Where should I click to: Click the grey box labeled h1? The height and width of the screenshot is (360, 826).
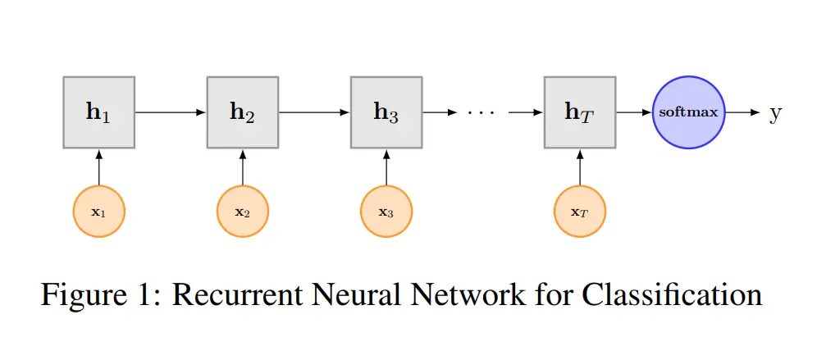pyautogui.click(x=99, y=112)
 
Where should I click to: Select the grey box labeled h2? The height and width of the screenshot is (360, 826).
pyautogui.click(x=243, y=112)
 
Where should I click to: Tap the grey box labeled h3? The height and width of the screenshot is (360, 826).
pyautogui.click(x=386, y=112)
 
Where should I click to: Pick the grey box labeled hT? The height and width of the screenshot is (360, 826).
pyautogui.click(x=580, y=112)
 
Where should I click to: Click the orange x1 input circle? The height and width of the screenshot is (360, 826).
pyautogui.click(x=99, y=212)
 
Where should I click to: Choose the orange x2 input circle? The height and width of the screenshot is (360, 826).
pyautogui.click(x=243, y=212)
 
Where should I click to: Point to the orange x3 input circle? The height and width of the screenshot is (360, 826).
pyautogui.click(x=386, y=212)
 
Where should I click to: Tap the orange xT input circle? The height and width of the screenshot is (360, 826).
pyautogui.click(x=580, y=212)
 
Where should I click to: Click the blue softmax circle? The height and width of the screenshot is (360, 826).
pyautogui.click(x=689, y=112)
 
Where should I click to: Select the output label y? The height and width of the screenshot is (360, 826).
pyautogui.click(x=774, y=114)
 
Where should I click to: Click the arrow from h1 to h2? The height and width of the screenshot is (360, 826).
pyautogui.click(x=171, y=112)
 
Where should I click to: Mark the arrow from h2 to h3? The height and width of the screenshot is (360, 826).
pyautogui.click(x=314, y=112)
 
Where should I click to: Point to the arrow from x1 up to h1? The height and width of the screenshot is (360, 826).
pyautogui.click(x=99, y=166)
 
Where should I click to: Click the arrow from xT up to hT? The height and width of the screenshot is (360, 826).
pyautogui.click(x=580, y=166)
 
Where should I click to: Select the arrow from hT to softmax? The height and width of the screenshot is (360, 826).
pyautogui.click(x=634, y=112)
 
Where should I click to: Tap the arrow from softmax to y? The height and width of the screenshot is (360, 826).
pyautogui.click(x=743, y=112)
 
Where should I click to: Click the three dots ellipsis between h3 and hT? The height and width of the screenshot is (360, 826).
pyautogui.click(x=481, y=112)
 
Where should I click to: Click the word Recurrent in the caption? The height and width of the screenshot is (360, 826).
pyautogui.click(x=238, y=295)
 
